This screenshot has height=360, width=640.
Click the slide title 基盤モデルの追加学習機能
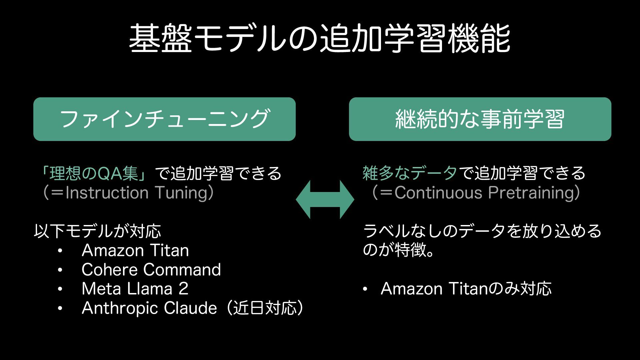(319, 39)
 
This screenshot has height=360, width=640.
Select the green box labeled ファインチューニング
(164, 119)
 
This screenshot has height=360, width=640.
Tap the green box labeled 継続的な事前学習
(480, 119)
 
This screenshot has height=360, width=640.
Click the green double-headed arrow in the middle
(325, 199)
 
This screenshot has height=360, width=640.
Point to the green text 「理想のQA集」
(94, 173)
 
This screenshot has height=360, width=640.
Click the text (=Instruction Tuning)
(128, 193)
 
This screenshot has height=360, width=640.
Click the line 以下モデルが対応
(97, 231)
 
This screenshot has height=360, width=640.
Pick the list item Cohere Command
(151, 270)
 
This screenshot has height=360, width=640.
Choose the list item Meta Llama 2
(135, 289)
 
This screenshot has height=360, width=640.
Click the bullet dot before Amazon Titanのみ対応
(365, 289)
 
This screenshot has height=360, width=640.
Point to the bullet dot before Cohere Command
(60, 270)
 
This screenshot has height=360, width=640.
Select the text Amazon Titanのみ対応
(466, 289)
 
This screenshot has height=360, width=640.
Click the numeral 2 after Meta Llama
(183, 289)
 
